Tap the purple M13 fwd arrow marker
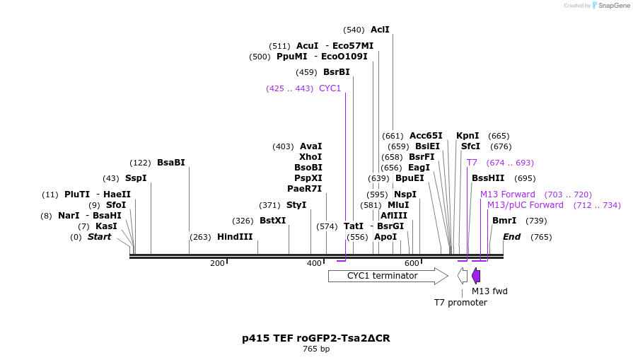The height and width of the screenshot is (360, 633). [x=476, y=276]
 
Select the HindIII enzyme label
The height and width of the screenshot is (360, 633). [x=235, y=237]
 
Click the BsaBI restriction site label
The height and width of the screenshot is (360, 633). [x=171, y=163]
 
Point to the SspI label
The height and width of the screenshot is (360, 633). [x=136, y=178]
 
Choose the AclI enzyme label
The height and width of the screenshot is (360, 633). [x=380, y=30]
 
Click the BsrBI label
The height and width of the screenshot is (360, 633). [x=337, y=72]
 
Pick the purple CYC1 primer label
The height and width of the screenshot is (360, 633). [x=330, y=88]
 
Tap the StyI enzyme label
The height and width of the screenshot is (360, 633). [x=296, y=205]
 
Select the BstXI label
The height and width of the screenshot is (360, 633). [x=273, y=221]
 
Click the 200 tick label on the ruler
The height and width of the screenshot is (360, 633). [x=217, y=263]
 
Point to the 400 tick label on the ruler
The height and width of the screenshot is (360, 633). [x=314, y=263]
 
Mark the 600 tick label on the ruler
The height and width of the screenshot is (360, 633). [x=412, y=263]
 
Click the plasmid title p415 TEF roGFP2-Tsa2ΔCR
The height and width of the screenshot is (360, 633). [x=316, y=338]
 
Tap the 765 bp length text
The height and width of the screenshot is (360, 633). [x=316, y=349]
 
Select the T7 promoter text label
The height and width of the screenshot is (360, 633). [x=460, y=303]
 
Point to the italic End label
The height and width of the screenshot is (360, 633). [x=511, y=237]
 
